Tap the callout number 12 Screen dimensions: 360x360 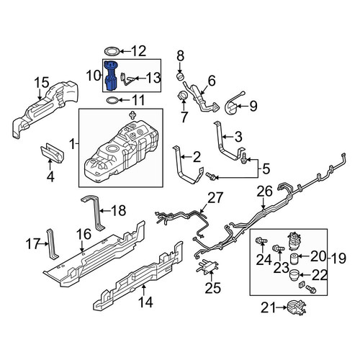pyautogui.click(x=139, y=51)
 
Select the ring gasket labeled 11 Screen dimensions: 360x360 pyautogui.click(x=112, y=101)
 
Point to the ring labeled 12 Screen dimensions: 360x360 pyautogui.click(x=112, y=51)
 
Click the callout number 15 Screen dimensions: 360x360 pyautogui.click(x=42, y=83)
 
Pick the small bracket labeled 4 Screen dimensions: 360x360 pyautogui.click(x=52, y=153)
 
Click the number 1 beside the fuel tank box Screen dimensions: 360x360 pyautogui.click(x=72, y=144)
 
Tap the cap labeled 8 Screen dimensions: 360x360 pyautogui.click(x=181, y=76)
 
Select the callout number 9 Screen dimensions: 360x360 pyautogui.click(x=253, y=106)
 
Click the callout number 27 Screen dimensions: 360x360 pyautogui.click(x=215, y=198)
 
